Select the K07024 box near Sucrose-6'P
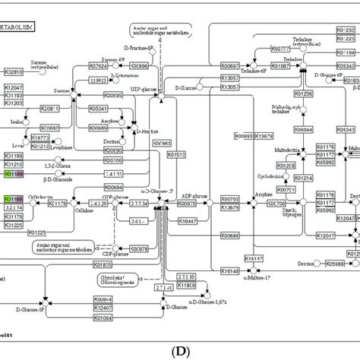99,66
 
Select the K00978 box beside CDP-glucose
140,248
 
